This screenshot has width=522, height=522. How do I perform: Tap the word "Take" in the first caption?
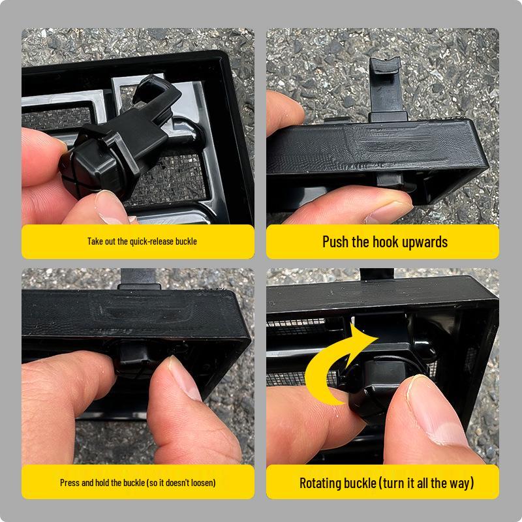tap(93, 241)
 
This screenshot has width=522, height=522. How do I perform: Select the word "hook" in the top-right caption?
tap(386, 241)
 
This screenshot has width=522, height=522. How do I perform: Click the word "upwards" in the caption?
tap(425, 243)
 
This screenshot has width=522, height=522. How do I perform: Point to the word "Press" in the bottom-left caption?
tap(70, 483)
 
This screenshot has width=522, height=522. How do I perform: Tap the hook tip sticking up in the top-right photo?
tap(386, 65)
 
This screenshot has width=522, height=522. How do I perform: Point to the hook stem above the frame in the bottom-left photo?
tap(138, 279)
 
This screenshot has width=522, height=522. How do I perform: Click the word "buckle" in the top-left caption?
tap(186, 241)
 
